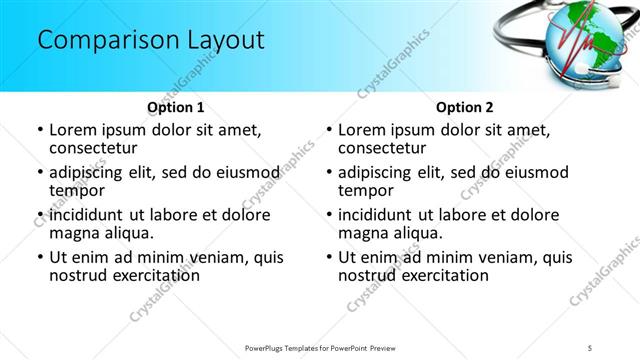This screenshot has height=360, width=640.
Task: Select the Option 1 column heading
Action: pyautogui.click(x=176, y=107)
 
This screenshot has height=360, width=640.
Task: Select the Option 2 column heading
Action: pyautogui.click(x=464, y=107)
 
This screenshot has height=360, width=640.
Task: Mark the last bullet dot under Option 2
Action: pyautogui.click(x=329, y=257)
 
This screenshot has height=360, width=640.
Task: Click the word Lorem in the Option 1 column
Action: pyautogui.click(x=72, y=130)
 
